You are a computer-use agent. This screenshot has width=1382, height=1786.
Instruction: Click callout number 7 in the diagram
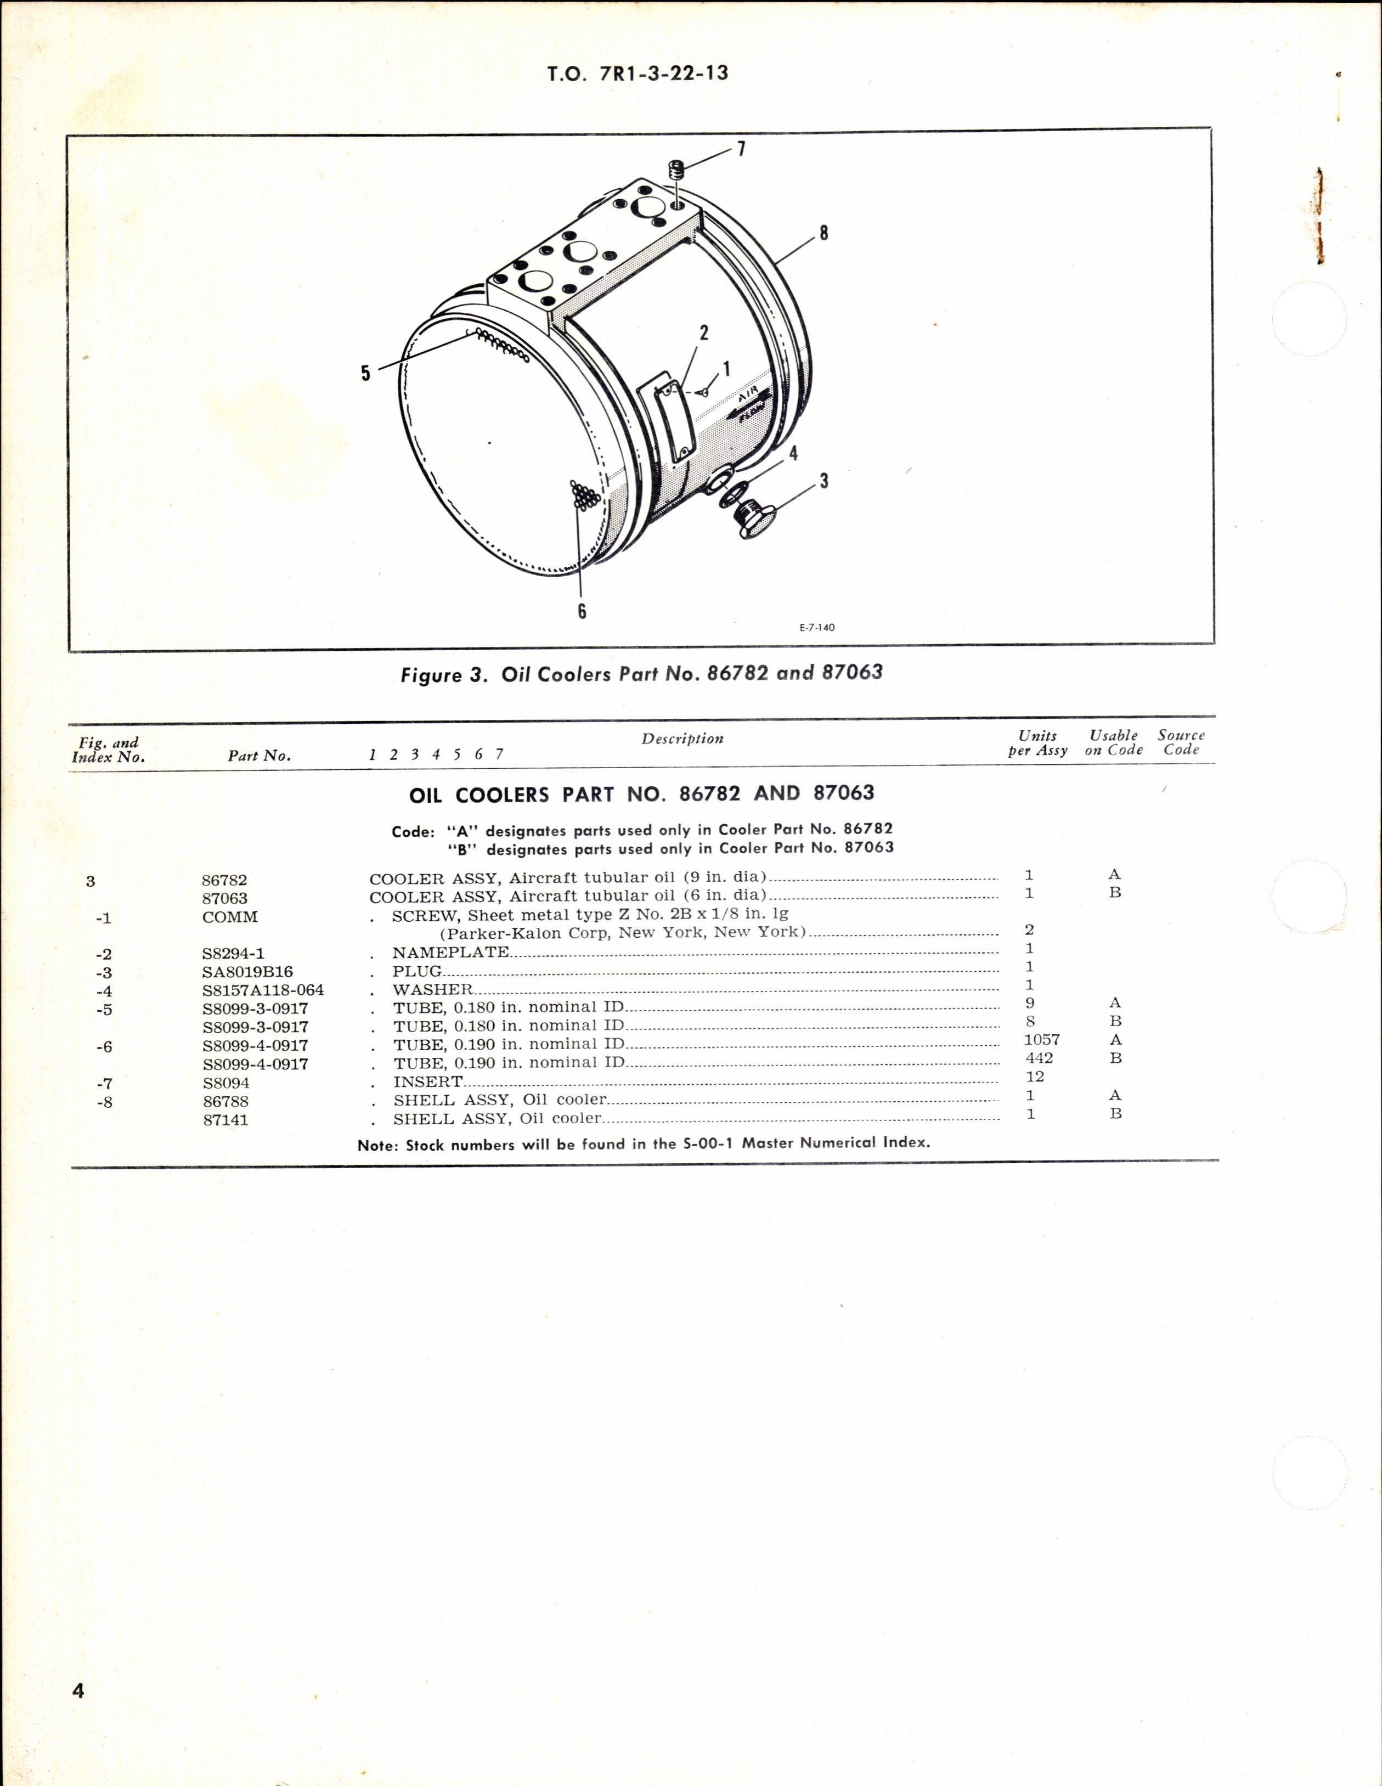point(741,150)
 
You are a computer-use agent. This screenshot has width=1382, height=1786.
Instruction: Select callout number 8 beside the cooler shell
point(824,233)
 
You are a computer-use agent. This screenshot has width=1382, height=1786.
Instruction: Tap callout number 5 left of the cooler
point(365,373)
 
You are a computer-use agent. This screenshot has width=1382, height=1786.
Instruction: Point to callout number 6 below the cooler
point(582,611)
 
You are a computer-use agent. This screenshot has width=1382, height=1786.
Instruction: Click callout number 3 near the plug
point(823,481)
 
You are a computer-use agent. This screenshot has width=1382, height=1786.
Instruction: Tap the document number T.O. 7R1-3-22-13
point(639,74)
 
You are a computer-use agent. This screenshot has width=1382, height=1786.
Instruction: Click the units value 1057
point(1041,1039)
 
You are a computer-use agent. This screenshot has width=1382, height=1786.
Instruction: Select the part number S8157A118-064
point(263,990)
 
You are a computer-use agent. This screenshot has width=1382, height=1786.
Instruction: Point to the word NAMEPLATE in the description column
point(450,953)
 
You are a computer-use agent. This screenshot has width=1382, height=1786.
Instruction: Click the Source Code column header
point(1181,742)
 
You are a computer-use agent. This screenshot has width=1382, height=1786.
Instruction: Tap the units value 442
point(1039,1058)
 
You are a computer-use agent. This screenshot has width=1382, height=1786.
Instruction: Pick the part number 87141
point(225,1119)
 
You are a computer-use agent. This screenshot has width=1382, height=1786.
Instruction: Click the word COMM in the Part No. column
point(230,917)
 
